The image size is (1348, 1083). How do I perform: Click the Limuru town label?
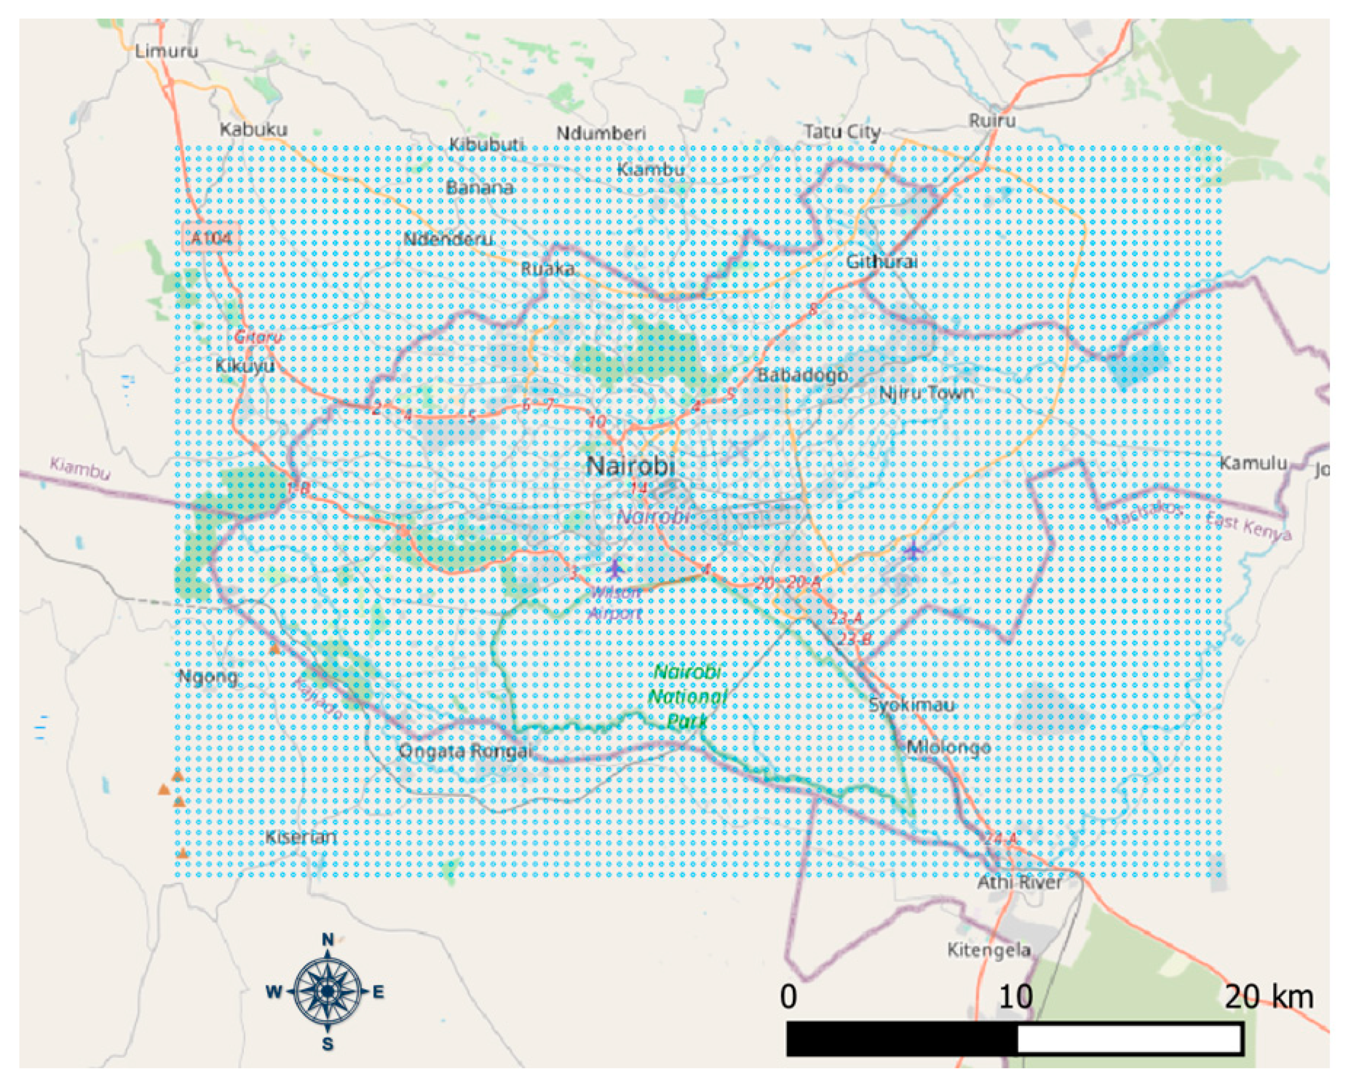click(x=166, y=51)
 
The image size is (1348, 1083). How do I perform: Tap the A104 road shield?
click(x=211, y=237)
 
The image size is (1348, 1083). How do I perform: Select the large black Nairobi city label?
click(x=631, y=466)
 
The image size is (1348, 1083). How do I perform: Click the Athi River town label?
click(x=1019, y=883)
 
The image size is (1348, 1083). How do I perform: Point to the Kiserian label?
click(x=301, y=837)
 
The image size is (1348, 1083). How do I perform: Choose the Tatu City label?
click(x=842, y=132)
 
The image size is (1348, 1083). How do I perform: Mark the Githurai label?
click(x=881, y=261)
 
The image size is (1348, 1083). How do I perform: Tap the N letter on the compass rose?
click(x=328, y=940)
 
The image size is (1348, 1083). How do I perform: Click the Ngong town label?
click(x=208, y=677)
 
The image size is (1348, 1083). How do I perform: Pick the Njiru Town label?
click(x=926, y=393)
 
